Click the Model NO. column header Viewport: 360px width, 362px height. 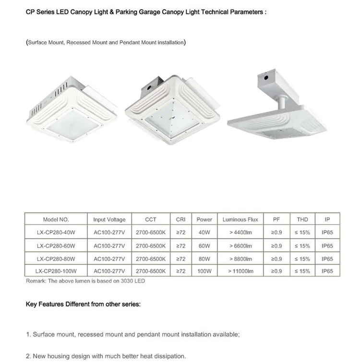(x=56, y=219)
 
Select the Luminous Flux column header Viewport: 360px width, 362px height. (x=240, y=219)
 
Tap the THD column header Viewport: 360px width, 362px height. (x=302, y=219)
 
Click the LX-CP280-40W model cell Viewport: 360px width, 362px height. (x=56, y=232)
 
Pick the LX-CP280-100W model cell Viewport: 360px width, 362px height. (x=56, y=271)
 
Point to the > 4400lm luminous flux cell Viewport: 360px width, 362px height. (x=240, y=232)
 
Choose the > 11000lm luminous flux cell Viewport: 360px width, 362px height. (x=240, y=271)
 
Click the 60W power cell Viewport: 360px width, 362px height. (x=204, y=246)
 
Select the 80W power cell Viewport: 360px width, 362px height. (x=204, y=259)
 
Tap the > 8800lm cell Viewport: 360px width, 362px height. (x=240, y=259)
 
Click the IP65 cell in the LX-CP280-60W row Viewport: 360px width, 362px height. (x=327, y=246)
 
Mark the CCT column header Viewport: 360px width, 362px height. (x=151, y=219)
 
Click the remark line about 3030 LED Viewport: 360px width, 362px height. (x=85, y=281)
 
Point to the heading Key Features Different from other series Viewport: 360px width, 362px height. (x=83, y=304)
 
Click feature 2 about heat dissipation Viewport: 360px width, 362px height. (x=106, y=356)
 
